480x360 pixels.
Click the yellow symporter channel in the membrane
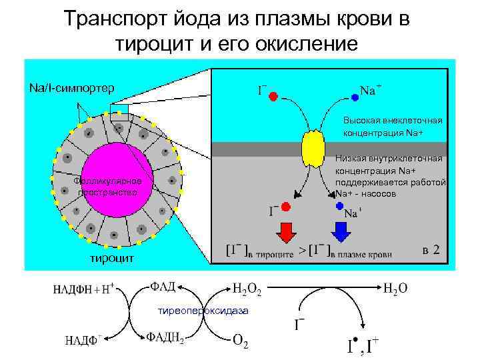pyautogui.click(x=311, y=149)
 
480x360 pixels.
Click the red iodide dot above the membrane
pyautogui.click(x=273, y=97)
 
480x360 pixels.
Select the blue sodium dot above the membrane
pyautogui.click(x=355, y=97)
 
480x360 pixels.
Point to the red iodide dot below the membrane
pyautogui.click(x=285, y=207)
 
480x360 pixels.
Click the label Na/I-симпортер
pyautogui.click(x=71, y=87)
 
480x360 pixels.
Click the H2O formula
pyautogui.click(x=395, y=289)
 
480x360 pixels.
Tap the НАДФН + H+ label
pyautogui.click(x=84, y=290)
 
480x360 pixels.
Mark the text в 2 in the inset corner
pyautogui.click(x=431, y=250)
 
